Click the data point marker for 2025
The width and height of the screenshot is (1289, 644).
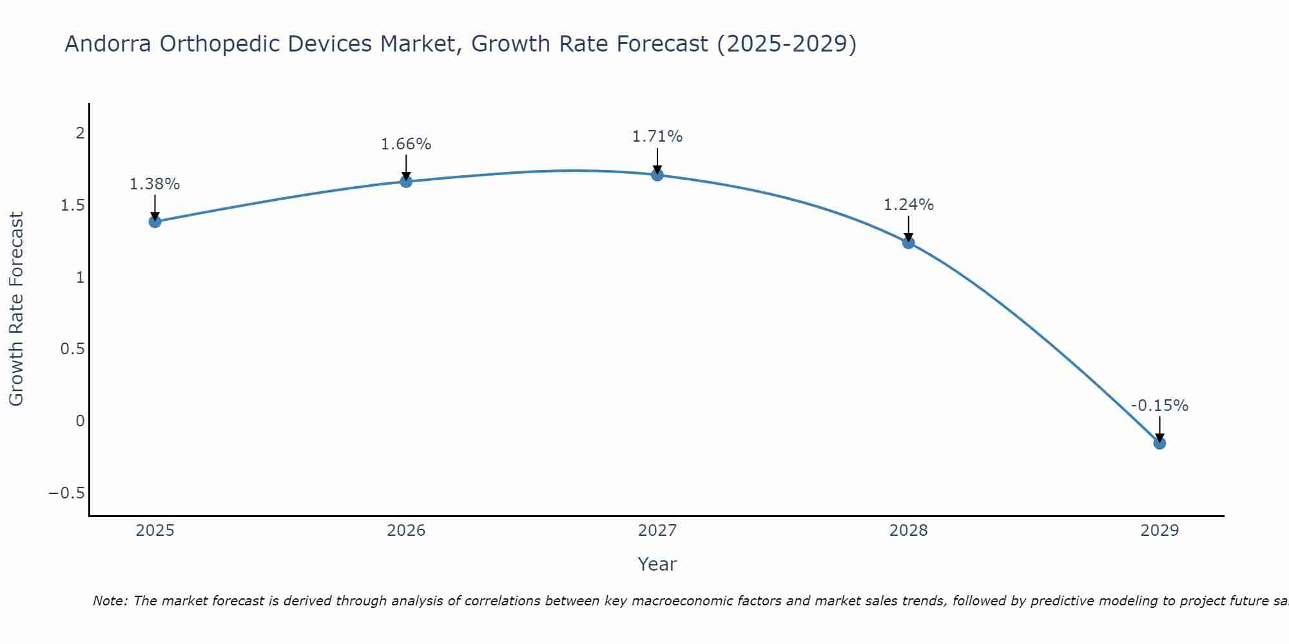[155, 222]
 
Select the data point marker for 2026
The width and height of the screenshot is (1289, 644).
[406, 182]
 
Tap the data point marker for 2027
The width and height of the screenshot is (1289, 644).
[657, 175]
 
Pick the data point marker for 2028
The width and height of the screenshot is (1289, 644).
[909, 243]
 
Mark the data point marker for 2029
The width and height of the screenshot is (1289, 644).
[1159, 443]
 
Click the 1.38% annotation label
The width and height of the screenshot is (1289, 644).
[155, 184]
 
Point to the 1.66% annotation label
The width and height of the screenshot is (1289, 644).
[406, 144]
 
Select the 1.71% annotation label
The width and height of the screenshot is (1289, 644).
[657, 137]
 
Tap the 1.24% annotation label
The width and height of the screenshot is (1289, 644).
[909, 205]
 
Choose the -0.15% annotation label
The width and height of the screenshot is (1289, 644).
[1159, 406]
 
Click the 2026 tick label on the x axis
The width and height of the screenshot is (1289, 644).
[406, 531]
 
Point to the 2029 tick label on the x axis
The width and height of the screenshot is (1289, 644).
[1159, 531]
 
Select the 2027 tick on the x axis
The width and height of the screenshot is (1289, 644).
[657, 531]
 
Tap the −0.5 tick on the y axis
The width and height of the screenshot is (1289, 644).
[66, 493]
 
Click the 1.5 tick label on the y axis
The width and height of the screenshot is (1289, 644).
[73, 205]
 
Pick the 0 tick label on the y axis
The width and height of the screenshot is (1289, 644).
[80, 421]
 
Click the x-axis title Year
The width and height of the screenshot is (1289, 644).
[657, 564]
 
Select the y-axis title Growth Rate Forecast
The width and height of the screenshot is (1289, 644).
[16, 309]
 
